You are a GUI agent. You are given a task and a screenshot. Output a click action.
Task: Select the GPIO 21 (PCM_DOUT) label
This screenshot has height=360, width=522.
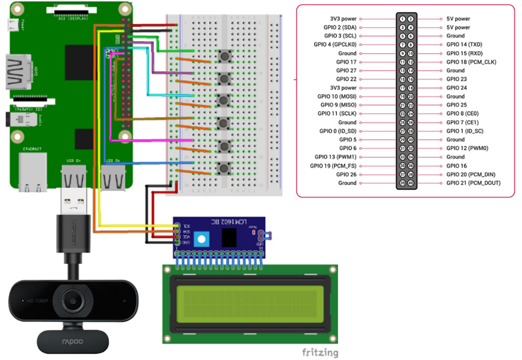[473, 183]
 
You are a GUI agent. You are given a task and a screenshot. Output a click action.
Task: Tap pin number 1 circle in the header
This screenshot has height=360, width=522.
[402, 19]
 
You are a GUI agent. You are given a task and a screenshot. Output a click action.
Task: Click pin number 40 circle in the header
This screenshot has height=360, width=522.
[410, 183]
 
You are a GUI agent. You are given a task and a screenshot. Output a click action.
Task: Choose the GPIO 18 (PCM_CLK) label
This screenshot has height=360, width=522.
[471, 62]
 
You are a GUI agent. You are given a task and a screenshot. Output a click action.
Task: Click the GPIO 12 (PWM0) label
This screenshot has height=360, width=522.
[467, 148]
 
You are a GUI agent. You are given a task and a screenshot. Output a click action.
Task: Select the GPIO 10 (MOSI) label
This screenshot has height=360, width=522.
[338, 96]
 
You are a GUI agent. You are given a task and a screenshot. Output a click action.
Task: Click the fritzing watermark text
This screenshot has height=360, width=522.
[319, 352]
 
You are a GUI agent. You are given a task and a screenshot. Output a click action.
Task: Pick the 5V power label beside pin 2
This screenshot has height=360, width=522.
[459, 27]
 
